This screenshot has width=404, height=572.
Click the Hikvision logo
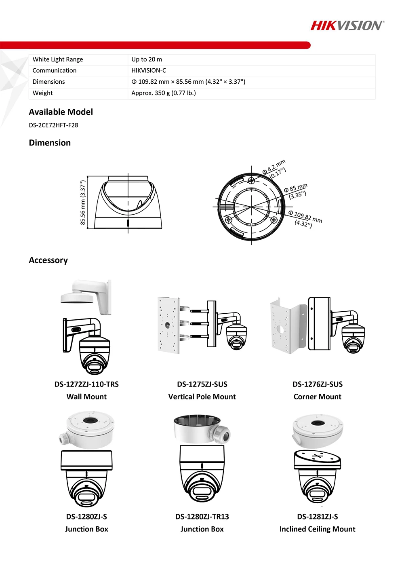pos(347,26)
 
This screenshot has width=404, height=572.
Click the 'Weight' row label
pos(42,93)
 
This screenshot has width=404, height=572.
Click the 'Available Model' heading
pos(61,112)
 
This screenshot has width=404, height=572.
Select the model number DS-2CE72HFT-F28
pos(53,125)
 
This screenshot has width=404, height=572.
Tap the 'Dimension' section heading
pos(50,143)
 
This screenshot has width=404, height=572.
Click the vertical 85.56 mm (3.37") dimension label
pos(83,203)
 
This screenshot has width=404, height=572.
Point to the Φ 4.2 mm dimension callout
pos(274,169)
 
